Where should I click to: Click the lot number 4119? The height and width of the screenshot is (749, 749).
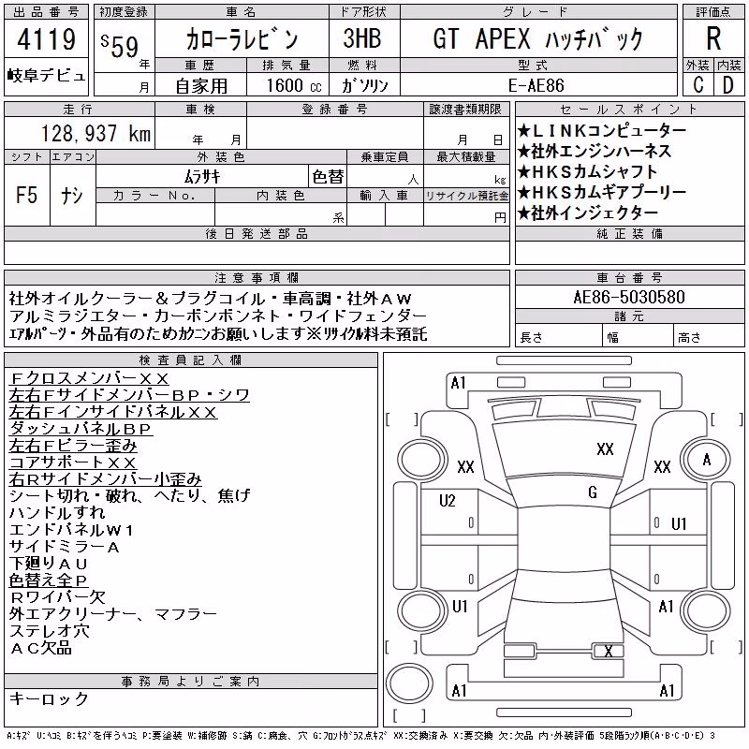[x=46, y=38]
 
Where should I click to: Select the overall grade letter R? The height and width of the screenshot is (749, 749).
[x=713, y=38]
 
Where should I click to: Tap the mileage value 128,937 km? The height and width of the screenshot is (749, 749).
[x=96, y=133]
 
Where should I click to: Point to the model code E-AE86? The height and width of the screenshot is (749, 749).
[x=536, y=85]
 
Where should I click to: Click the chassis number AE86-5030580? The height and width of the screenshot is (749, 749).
[x=629, y=297]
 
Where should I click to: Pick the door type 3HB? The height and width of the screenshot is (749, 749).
[x=362, y=38]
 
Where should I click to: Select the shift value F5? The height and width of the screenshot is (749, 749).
[x=26, y=195]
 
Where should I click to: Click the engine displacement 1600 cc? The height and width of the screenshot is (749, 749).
[x=294, y=85]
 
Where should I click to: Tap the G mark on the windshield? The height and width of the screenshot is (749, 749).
[x=593, y=492]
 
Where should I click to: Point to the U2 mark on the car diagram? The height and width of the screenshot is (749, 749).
[x=448, y=501]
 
